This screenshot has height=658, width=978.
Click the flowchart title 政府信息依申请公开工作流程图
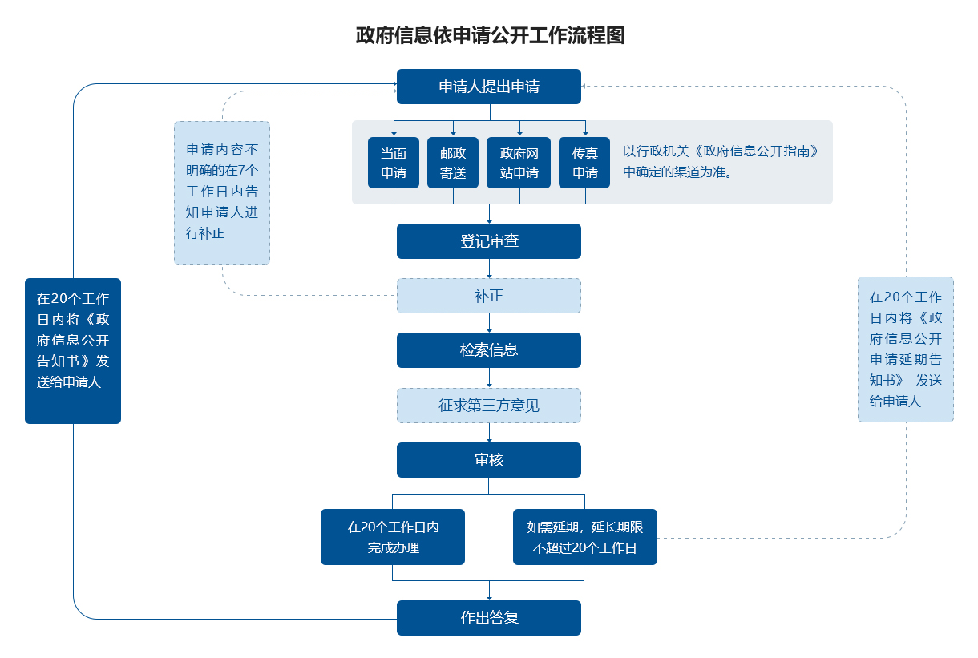click(490, 36)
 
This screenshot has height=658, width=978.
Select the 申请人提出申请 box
click(488, 87)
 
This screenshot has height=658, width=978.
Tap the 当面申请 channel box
click(393, 163)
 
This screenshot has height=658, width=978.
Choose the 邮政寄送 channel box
click(453, 163)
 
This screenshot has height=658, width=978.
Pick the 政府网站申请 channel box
click(519, 163)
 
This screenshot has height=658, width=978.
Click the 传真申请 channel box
click(584, 163)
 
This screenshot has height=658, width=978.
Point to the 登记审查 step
click(488, 241)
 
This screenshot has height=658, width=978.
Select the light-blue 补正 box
click(488, 296)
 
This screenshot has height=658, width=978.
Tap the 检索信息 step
click(488, 350)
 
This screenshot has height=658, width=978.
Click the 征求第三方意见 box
click(488, 406)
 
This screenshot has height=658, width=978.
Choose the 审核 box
click(488, 460)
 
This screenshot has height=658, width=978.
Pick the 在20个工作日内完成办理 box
click(393, 537)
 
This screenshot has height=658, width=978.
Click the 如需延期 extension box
click(584, 537)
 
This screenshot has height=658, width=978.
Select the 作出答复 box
click(488, 618)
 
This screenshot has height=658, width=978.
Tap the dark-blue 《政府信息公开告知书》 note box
click(73, 350)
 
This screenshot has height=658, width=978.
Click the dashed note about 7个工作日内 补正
click(222, 192)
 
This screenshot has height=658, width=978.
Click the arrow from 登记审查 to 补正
click(489, 269)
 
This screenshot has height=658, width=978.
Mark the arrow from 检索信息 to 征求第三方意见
click(489, 378)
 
